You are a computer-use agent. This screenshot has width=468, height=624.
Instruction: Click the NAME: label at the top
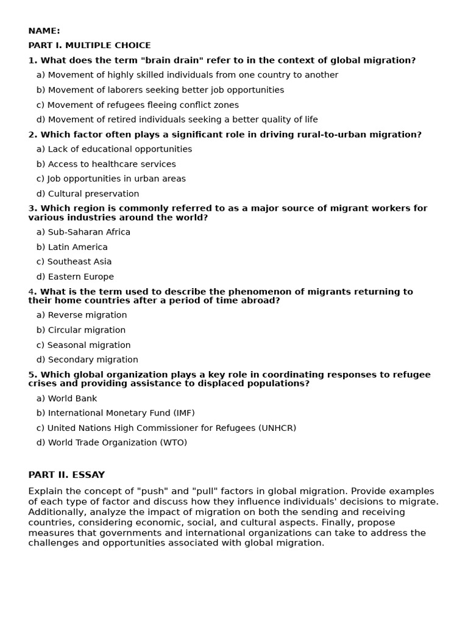[44, 31]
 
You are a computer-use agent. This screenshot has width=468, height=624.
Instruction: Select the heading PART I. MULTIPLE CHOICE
[89, 46]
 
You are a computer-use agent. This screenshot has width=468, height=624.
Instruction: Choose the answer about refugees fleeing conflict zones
[137, 105]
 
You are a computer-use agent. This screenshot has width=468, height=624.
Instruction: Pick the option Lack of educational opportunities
[114, 149]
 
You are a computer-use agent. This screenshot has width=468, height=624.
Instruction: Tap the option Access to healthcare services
[106, 164]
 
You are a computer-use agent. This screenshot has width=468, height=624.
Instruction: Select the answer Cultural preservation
[88, 194]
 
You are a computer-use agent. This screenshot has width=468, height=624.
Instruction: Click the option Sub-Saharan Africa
[83, 232]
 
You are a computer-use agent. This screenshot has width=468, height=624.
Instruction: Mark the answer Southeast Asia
[74, 262]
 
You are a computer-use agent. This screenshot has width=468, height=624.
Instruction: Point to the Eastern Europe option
[75, 277]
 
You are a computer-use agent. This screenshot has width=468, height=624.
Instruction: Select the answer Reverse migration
[82, 315]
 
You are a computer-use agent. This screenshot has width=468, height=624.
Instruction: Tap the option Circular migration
[81, 330]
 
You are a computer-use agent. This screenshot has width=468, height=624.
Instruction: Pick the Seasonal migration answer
[83, 345]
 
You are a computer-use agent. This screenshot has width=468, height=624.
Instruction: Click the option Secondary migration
[87, 360]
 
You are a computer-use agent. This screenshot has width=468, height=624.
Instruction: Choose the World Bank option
[66, 399]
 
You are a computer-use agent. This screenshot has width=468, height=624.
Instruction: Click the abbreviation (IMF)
[182, 413]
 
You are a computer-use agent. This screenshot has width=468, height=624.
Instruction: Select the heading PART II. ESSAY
[66, 475]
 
